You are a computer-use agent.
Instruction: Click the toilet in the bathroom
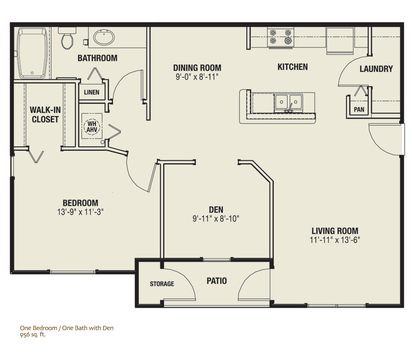point(67,39)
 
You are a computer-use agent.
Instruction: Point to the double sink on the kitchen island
point(288,103)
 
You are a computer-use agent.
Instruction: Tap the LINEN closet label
point(92,92)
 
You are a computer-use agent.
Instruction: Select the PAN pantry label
point(359,110)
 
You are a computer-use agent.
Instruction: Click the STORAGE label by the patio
point(162,284)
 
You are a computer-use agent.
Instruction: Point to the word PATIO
point(216,281)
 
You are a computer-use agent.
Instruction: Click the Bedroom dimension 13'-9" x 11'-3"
point(80,212)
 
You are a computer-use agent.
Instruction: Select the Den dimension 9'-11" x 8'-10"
point(216,219)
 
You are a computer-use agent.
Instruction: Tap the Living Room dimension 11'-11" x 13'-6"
point(335,240)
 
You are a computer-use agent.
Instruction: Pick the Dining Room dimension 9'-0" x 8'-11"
point(197,77)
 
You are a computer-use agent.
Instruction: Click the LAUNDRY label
point(376,69)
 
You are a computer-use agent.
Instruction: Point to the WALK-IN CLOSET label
point(45,115)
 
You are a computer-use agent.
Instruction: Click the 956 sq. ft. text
point(33,334)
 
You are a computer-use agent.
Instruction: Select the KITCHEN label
point(292,67)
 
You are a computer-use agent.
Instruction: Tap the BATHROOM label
point(97,58)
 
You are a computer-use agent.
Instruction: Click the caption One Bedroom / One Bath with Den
point(66,328)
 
